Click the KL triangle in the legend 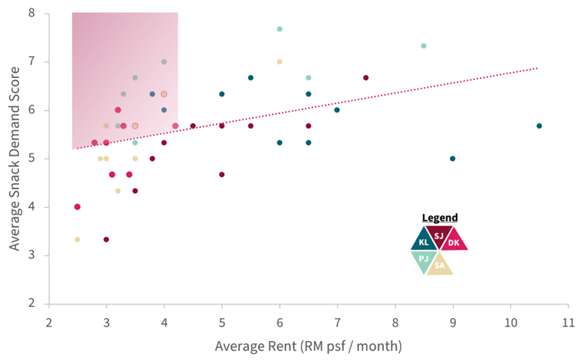tap(424, 241)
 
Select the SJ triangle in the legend tap(439, 235)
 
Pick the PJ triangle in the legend tap(424, 259)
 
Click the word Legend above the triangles tap(439, 217)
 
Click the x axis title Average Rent tap(308, 346)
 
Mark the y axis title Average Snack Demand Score tap(13, 157)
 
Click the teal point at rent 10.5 tap(539, 126)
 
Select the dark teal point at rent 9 tap(452, 158)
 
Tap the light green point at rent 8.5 tap(424, 46)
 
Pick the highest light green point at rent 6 tap(280, 29)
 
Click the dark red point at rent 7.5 tap(366, 78)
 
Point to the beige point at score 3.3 tap(77, 239)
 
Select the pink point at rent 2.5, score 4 tap(77, 207)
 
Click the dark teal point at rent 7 tap(337, 110)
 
